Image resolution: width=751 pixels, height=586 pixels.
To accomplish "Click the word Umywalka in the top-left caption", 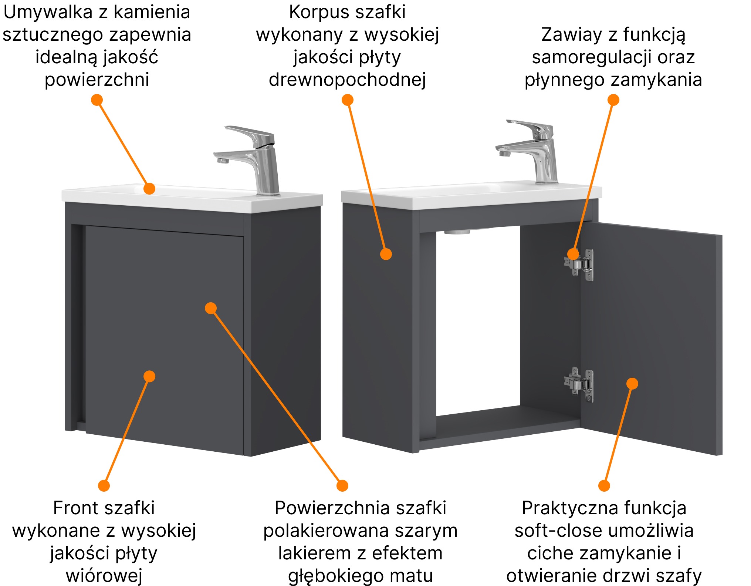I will coord(47,13).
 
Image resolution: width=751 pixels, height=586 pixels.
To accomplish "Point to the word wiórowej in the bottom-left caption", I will coord(104,576).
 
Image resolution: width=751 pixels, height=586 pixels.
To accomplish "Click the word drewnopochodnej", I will coord(347,80).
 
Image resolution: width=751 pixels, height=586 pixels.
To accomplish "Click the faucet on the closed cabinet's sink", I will coord(259,163).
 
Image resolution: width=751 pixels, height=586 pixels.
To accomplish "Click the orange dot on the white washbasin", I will coord(149,188).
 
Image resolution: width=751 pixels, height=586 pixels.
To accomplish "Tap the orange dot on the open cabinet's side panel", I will coord(386,254).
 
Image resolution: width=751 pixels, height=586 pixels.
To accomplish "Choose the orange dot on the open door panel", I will coord(632,383).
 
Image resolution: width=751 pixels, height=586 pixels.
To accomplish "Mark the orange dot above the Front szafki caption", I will coord(104,485).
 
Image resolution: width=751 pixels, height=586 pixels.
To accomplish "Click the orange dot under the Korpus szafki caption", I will coord(347,100).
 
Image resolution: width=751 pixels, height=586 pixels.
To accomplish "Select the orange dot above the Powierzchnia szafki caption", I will coord(342,485).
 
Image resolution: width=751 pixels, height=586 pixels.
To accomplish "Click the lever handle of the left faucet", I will coord(250,133).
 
